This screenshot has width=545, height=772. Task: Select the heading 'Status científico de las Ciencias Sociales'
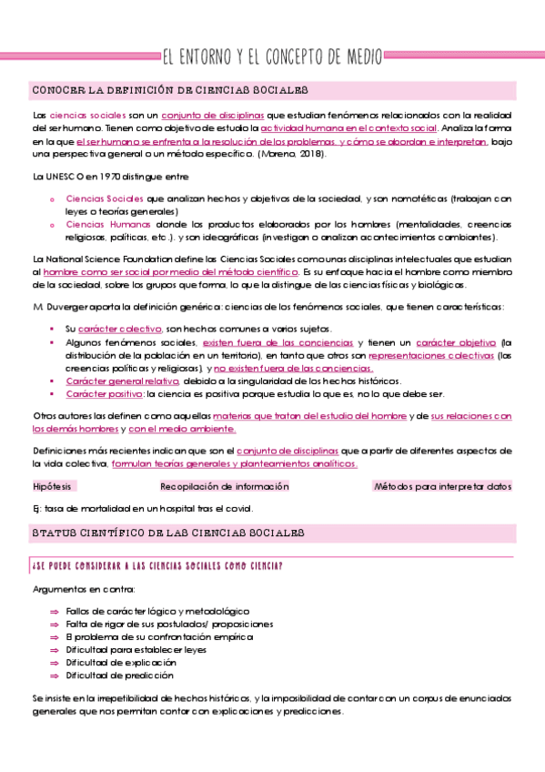(x=168, y=532)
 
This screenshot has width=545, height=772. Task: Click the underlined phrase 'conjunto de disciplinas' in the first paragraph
(x=212, y=117)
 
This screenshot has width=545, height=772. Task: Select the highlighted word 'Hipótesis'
(x=52, y=486)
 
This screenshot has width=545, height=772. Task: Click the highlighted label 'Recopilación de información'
(x=225, y=486)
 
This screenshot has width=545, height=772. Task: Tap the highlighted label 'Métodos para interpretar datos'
(x=442, y=486)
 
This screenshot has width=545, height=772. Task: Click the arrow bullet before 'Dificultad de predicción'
(x=54, y=675)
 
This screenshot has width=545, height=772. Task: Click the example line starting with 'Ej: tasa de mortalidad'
(x=143, y=508)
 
